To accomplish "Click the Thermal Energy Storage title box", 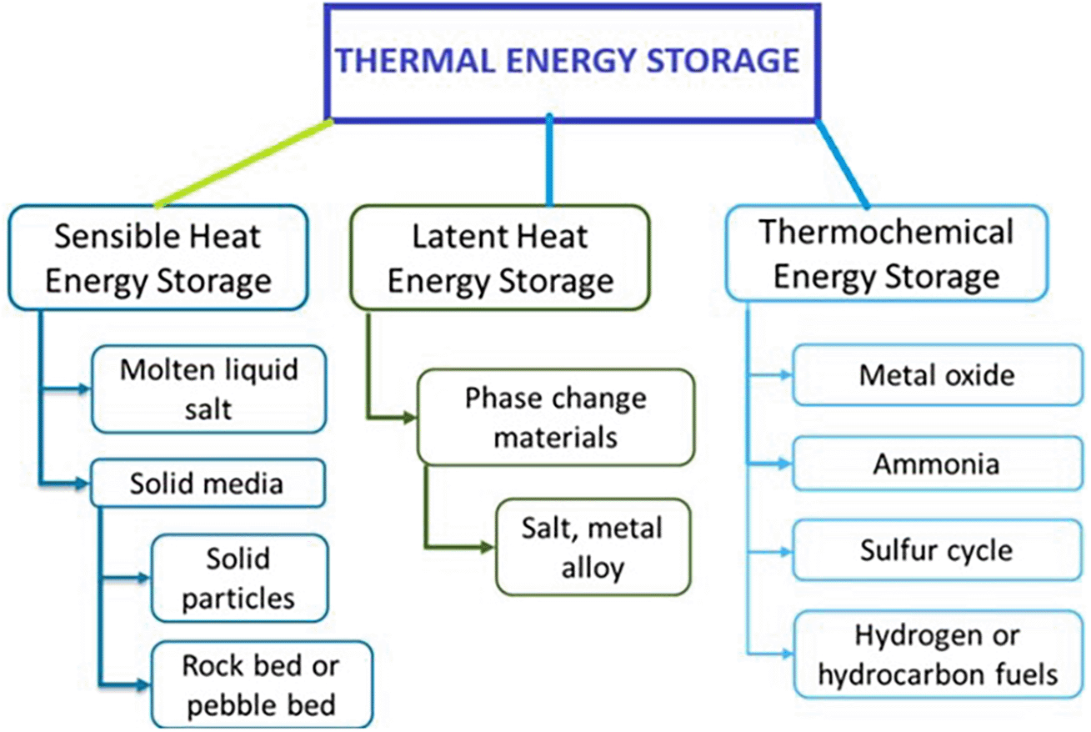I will [x=573, y=62].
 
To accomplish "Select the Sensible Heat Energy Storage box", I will [x=158, y=258].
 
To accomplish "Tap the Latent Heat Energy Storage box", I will [x=499, y=258].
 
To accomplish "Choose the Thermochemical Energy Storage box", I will [x=886, y=253].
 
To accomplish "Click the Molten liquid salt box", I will [x=208, y=389].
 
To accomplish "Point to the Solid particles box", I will [x=238, y=578].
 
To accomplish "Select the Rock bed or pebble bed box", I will [x=260, y=685].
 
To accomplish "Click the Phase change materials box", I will [x=555, y=416].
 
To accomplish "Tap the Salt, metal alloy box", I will [x=593, y=548].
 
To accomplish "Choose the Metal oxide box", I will [x=937, y=375].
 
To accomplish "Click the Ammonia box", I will [x=937, y=464].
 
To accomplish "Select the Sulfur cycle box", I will [x=937, y=550].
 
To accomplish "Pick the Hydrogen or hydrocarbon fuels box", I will [x=937, y=655].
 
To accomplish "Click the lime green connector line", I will [x=244, y=163].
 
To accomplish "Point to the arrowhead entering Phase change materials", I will [x=409, y=417].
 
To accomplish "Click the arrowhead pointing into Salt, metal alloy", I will [x=488, y=548].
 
